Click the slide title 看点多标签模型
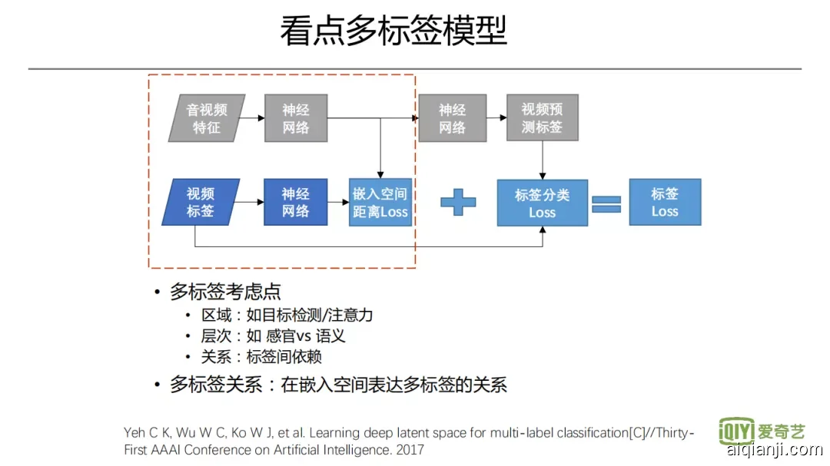[393, 32]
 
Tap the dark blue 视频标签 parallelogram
[201, 202]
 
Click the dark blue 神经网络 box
[296, 202]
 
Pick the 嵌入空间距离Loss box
[380, 203]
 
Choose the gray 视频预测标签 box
[542, 118]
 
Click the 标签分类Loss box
[543, 203]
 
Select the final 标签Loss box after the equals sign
[665, 202]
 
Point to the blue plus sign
[458, 202]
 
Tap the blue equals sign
[606, 203]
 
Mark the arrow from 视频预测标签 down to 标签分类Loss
[543, 160]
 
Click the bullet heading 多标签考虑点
[225, 292]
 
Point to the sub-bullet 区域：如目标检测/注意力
[287, 315]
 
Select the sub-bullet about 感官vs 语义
[273, 335]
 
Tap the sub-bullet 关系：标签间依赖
[261, 356]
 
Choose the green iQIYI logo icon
[735, 431]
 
